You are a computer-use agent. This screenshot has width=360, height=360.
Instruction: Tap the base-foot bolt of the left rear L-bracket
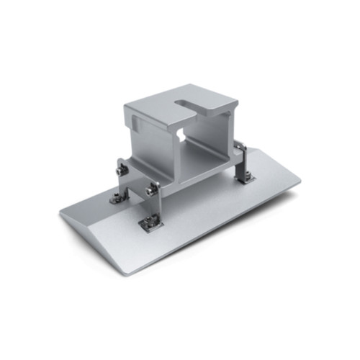117,195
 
